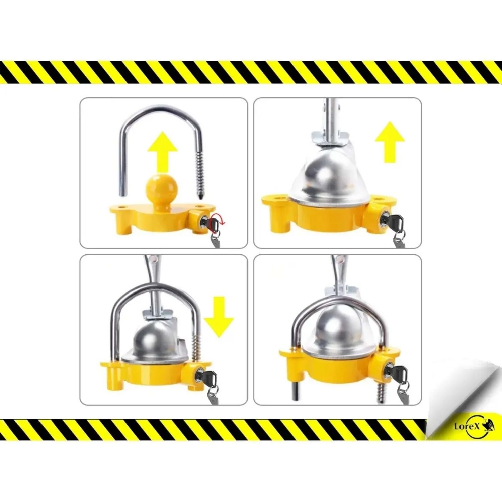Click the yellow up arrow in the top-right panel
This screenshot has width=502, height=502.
[390, 142]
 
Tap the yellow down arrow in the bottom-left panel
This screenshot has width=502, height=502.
[219, 317]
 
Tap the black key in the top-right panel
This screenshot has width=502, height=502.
[396, 223]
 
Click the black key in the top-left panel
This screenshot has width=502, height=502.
[213, 225]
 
